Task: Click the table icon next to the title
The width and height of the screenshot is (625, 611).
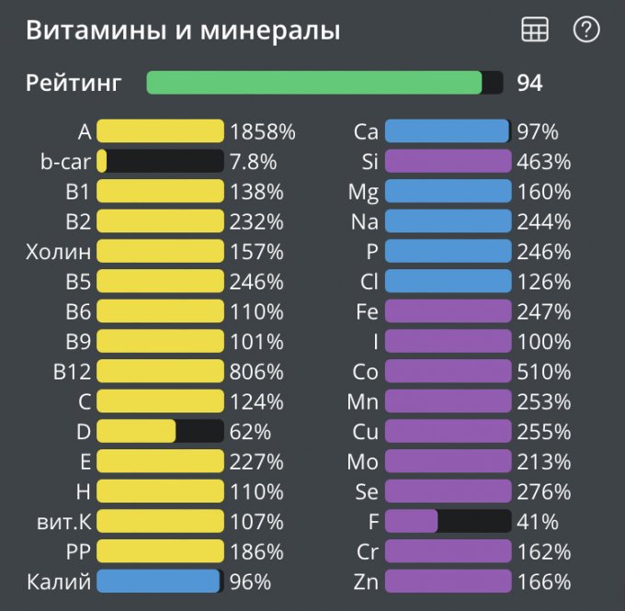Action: [535, 30]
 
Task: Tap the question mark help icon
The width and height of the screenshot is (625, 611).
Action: [585, 30]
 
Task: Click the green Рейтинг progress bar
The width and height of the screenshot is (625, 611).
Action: [324, 83]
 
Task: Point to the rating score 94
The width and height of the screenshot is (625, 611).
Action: [529, 83]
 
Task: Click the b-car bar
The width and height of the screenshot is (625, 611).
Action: [160, 162]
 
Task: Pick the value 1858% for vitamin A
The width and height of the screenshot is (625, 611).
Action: [263, 132]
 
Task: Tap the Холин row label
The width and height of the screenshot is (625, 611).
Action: [59, 252]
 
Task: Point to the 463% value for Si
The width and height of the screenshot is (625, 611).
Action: [543, 163]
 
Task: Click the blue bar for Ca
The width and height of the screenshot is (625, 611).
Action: [448, 132]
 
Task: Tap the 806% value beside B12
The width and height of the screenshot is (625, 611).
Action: [256, 372]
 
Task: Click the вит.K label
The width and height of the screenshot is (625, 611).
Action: [60, 522]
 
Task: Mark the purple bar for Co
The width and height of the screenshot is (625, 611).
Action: [448, 372]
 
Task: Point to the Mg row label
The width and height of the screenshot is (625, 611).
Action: [363, 192]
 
